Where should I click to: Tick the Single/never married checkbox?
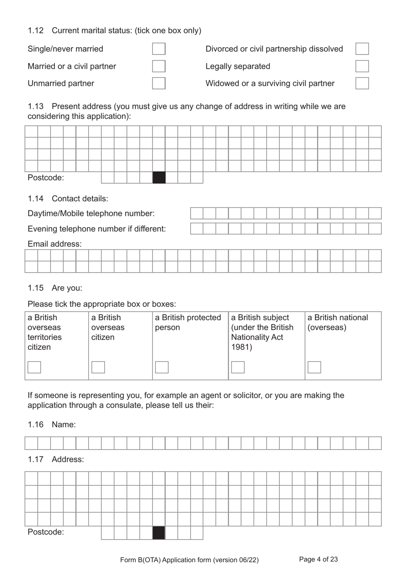(x=159, y=49)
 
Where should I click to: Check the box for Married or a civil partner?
(x=159, y=66)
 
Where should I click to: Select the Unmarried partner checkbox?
(x=159, y=83)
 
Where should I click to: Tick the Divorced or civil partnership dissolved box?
(x=362, y=49)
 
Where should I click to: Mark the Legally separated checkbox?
(x=362, y=66)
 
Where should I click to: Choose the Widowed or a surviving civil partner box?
(x=362, y=83)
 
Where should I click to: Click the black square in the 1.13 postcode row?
(x=159, y=178)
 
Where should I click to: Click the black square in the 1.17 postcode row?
(x=159, y=533)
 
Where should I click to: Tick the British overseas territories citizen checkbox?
(x=34, y=367)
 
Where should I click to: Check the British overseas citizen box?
(x=98, y=367)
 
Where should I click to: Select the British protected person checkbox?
(x=162, y=367)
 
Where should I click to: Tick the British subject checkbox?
(x=238, y=367)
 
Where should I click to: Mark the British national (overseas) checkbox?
(x=314, y=367)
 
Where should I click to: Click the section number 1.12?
(x=36, y=30)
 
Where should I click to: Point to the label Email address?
(x=54, y=244)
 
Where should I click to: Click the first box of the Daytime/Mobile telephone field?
(x=197, y=213)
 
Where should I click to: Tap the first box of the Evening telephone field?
(x=197, y=228)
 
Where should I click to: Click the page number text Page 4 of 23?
(x=318, y=559)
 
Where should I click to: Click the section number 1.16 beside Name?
(x=36, y=424)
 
